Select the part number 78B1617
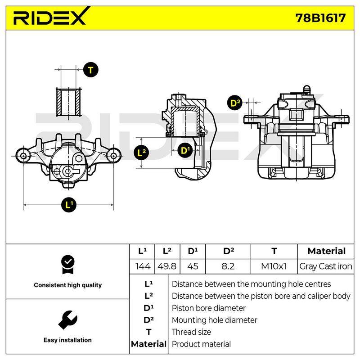(x=320, y=18)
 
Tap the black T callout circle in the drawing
(x=91, y=70)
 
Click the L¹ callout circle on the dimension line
(x=69, y=205)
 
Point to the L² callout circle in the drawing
(x=141, y=152)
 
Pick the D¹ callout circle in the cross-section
(x=185, y=150)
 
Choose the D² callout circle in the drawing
(x=234, y=103)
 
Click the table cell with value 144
(x=143, y=266)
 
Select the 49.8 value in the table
(x=167, y=266)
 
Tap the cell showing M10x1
(x=274, y=266)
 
